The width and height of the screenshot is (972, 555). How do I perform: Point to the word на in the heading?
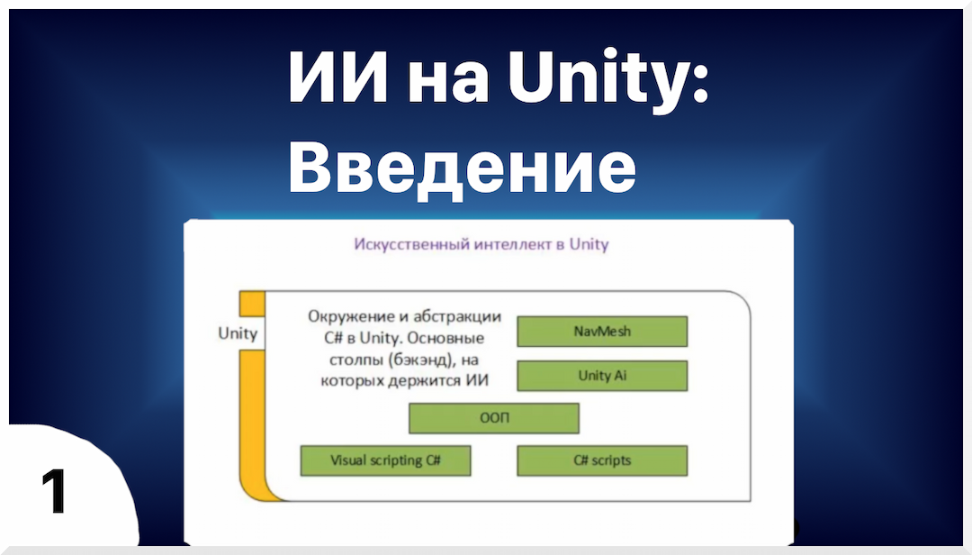pyautogui.click(x=447, y=81)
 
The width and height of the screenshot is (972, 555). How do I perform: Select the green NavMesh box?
pyautogui.click(x=602, y=332)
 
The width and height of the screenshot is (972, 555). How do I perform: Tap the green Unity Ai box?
pyautogui.click(x=602, y=376)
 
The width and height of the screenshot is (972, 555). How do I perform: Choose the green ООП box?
pyautogui.click(x=494, y=418)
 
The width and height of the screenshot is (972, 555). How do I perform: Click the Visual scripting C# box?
pyautogui.click(x=385, y=460)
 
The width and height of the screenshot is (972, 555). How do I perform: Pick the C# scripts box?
pyautogui.click(x=602, y=460)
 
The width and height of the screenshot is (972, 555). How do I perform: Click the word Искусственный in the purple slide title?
pyautogui.click(x=410, y=245)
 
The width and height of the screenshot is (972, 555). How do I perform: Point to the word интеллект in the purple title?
pyautogui.click(x=510, y=245)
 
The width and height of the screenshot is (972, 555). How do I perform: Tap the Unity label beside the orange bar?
pyautogui.click(x=238, y=333)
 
